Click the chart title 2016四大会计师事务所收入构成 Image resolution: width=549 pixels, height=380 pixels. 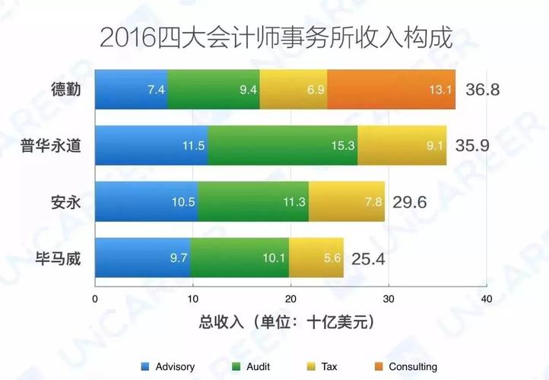pos(274,37)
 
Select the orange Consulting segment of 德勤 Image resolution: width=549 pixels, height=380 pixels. pos(392,89)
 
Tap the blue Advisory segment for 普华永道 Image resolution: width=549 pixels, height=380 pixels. pos(151,145)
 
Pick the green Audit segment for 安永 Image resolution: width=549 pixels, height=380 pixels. pos(253,201)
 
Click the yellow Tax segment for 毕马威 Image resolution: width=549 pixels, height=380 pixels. pos(316,258)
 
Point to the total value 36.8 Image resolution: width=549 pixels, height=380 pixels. pos(482,90)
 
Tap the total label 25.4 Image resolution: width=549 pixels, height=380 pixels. pos(367,258)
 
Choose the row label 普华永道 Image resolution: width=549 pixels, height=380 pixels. pos(52,146)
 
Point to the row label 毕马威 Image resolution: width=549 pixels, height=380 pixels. pos(59,258)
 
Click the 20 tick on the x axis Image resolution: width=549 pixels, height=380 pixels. pos(290,299)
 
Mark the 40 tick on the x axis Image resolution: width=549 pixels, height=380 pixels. pos(486,299)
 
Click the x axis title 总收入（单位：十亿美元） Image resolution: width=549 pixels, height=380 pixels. pos(290,322)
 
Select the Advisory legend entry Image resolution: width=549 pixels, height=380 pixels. pos(168,366)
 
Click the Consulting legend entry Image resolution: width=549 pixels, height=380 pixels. pos(406,366)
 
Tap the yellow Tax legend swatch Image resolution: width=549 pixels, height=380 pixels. pos(310,366)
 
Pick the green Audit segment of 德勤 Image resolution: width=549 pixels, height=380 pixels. pos(214,89)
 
